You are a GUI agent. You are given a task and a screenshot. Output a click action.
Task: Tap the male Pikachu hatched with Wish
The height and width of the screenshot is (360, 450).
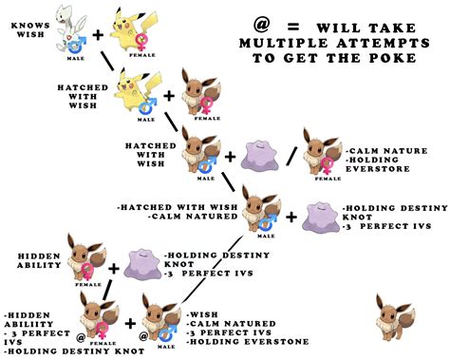[132, 94]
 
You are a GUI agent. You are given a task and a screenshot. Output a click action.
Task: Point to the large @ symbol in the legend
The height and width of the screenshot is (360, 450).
[261, 23]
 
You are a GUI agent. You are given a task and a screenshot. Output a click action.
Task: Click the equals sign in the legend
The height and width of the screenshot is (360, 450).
[298, 23]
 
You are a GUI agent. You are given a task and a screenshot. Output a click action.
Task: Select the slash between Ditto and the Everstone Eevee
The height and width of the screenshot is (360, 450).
[290, 152]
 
